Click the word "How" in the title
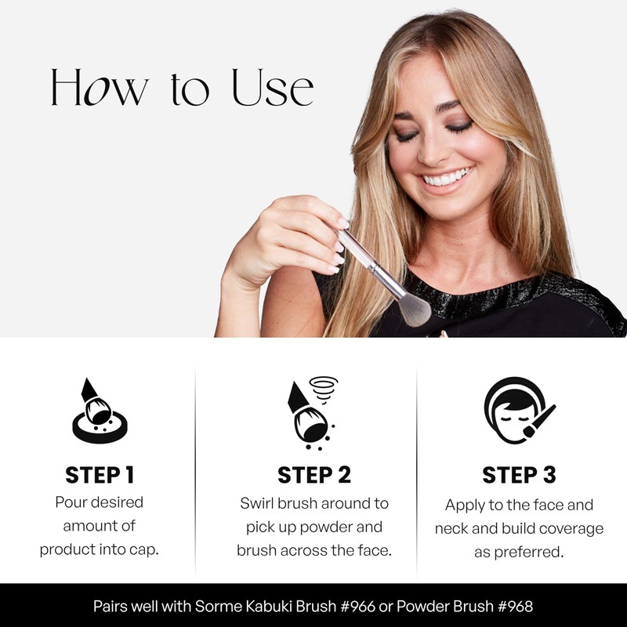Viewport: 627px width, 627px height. click(x=99, y=88)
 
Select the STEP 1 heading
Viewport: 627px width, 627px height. click(x=100, y=475)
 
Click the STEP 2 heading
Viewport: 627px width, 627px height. click(x=313, y=475)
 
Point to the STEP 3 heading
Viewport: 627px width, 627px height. click(x=519, y=475)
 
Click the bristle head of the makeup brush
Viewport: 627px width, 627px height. click(x=415, y=307)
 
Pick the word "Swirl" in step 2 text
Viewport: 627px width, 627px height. click(x=257, y=503)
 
